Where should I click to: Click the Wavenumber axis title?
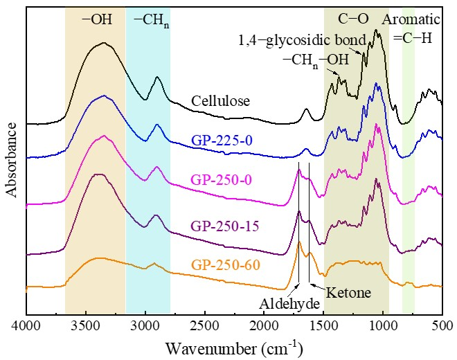(x=234, y=345)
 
